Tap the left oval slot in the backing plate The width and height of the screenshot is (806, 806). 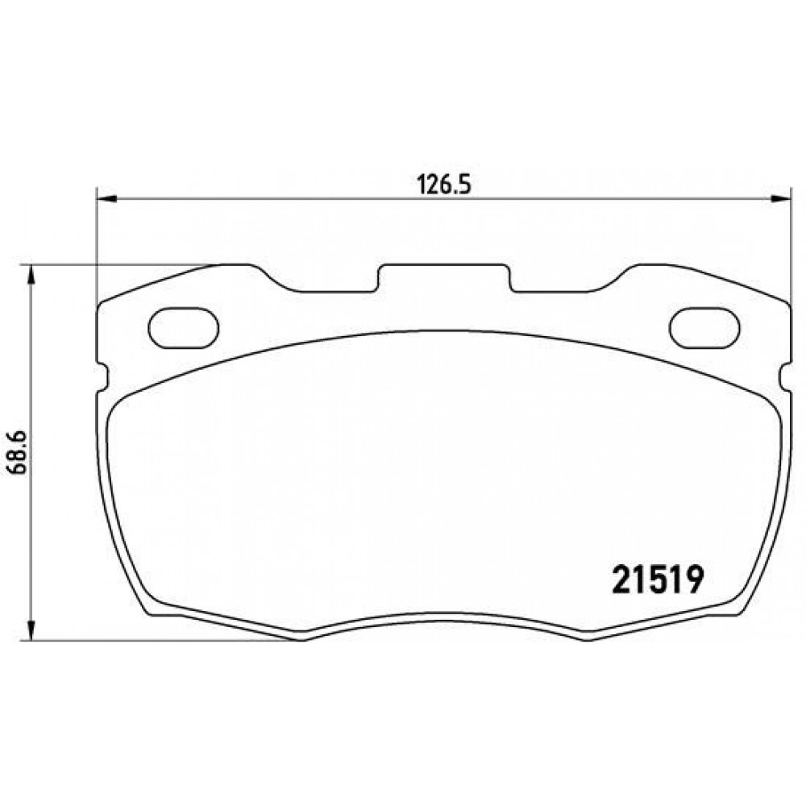184,327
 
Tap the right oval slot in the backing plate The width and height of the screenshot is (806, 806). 703,327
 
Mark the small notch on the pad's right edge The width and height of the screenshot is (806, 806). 784,373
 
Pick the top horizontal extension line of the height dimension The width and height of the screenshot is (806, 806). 121,264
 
